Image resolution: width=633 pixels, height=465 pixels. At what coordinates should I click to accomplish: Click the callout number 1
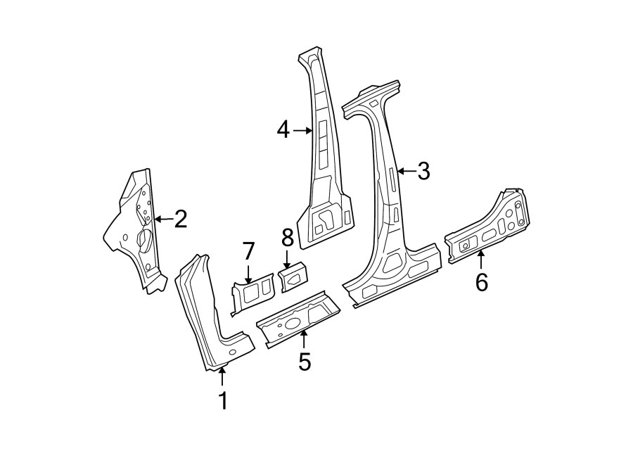point(223,401)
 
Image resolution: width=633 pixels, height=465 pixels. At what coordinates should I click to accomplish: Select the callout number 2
point(180,219)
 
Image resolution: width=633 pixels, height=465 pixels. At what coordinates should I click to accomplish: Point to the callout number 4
point(283,129)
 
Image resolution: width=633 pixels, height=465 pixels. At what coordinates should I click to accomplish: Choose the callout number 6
point(481,282)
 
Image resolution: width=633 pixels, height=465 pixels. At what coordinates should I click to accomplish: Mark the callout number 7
point(248,252)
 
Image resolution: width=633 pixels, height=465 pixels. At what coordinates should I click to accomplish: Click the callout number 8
point(287,237)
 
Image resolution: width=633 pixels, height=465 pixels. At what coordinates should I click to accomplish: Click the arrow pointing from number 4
point(303,130)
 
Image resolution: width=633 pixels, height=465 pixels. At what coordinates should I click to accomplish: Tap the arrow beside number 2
point(162,219)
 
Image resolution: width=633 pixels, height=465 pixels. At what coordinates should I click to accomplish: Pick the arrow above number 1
point(222,376)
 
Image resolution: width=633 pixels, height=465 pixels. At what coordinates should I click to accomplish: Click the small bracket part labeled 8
point(293,276)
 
